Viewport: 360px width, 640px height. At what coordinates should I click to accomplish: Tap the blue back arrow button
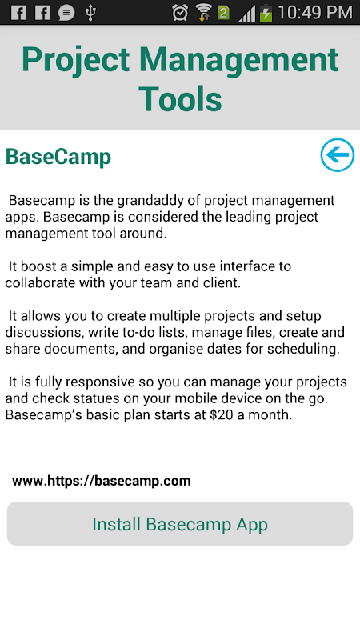pyautogui.click(x=337, y=155)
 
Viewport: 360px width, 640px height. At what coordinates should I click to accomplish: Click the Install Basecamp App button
pyautogui.click(x=180, y=524)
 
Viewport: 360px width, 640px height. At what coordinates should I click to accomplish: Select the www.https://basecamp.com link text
pyautogui.click(x=102, y=481)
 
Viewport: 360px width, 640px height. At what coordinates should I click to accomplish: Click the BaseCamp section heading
pyautogui.click(x=58, y=157)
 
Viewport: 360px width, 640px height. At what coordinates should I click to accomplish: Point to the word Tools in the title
pyautogui.click(x=181, y=98)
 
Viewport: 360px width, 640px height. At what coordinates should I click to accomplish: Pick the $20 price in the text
pyautogui.click(x=222, y=415)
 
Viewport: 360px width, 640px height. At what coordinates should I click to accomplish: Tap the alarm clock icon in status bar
pyautogui.click(x=179, y=13)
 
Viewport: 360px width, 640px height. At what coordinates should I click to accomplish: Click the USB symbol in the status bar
pyautogui.click(x=90, y=13)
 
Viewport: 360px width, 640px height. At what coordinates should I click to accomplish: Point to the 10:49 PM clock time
pyautogui.click(x=315, y=13)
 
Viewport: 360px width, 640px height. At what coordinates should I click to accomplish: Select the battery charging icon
pyautogui.click(x=266, y=13)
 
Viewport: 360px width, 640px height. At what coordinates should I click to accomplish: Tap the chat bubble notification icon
pyautogui.click(x=66, y=13)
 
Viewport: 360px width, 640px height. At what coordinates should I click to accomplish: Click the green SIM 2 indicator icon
pyautogui.click(x=224, y=13)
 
